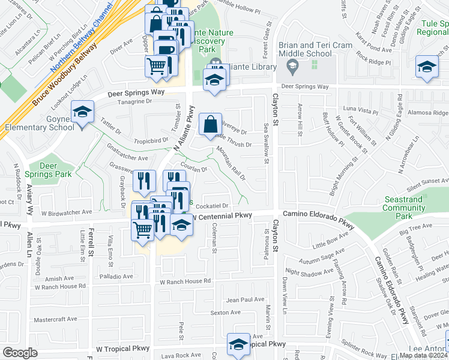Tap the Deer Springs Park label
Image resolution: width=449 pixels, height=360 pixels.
pos(56,170)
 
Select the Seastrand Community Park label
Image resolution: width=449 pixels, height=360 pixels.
pos(403,208)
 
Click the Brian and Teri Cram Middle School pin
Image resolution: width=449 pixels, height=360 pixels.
pos(293,69)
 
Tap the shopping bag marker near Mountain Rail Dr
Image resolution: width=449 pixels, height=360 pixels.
pos(210,125)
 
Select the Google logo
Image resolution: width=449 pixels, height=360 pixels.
pos(20,352)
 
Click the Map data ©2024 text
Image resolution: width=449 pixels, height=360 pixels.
pos(424,355)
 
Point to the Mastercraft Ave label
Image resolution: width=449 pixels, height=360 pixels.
pos(57,320)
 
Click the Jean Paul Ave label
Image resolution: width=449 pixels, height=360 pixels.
pos(246,299)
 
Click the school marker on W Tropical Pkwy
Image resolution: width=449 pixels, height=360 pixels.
pos(238,344)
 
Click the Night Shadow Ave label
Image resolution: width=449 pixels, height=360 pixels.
pos(309,271)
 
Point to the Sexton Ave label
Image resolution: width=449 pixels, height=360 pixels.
pos(225,313)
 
